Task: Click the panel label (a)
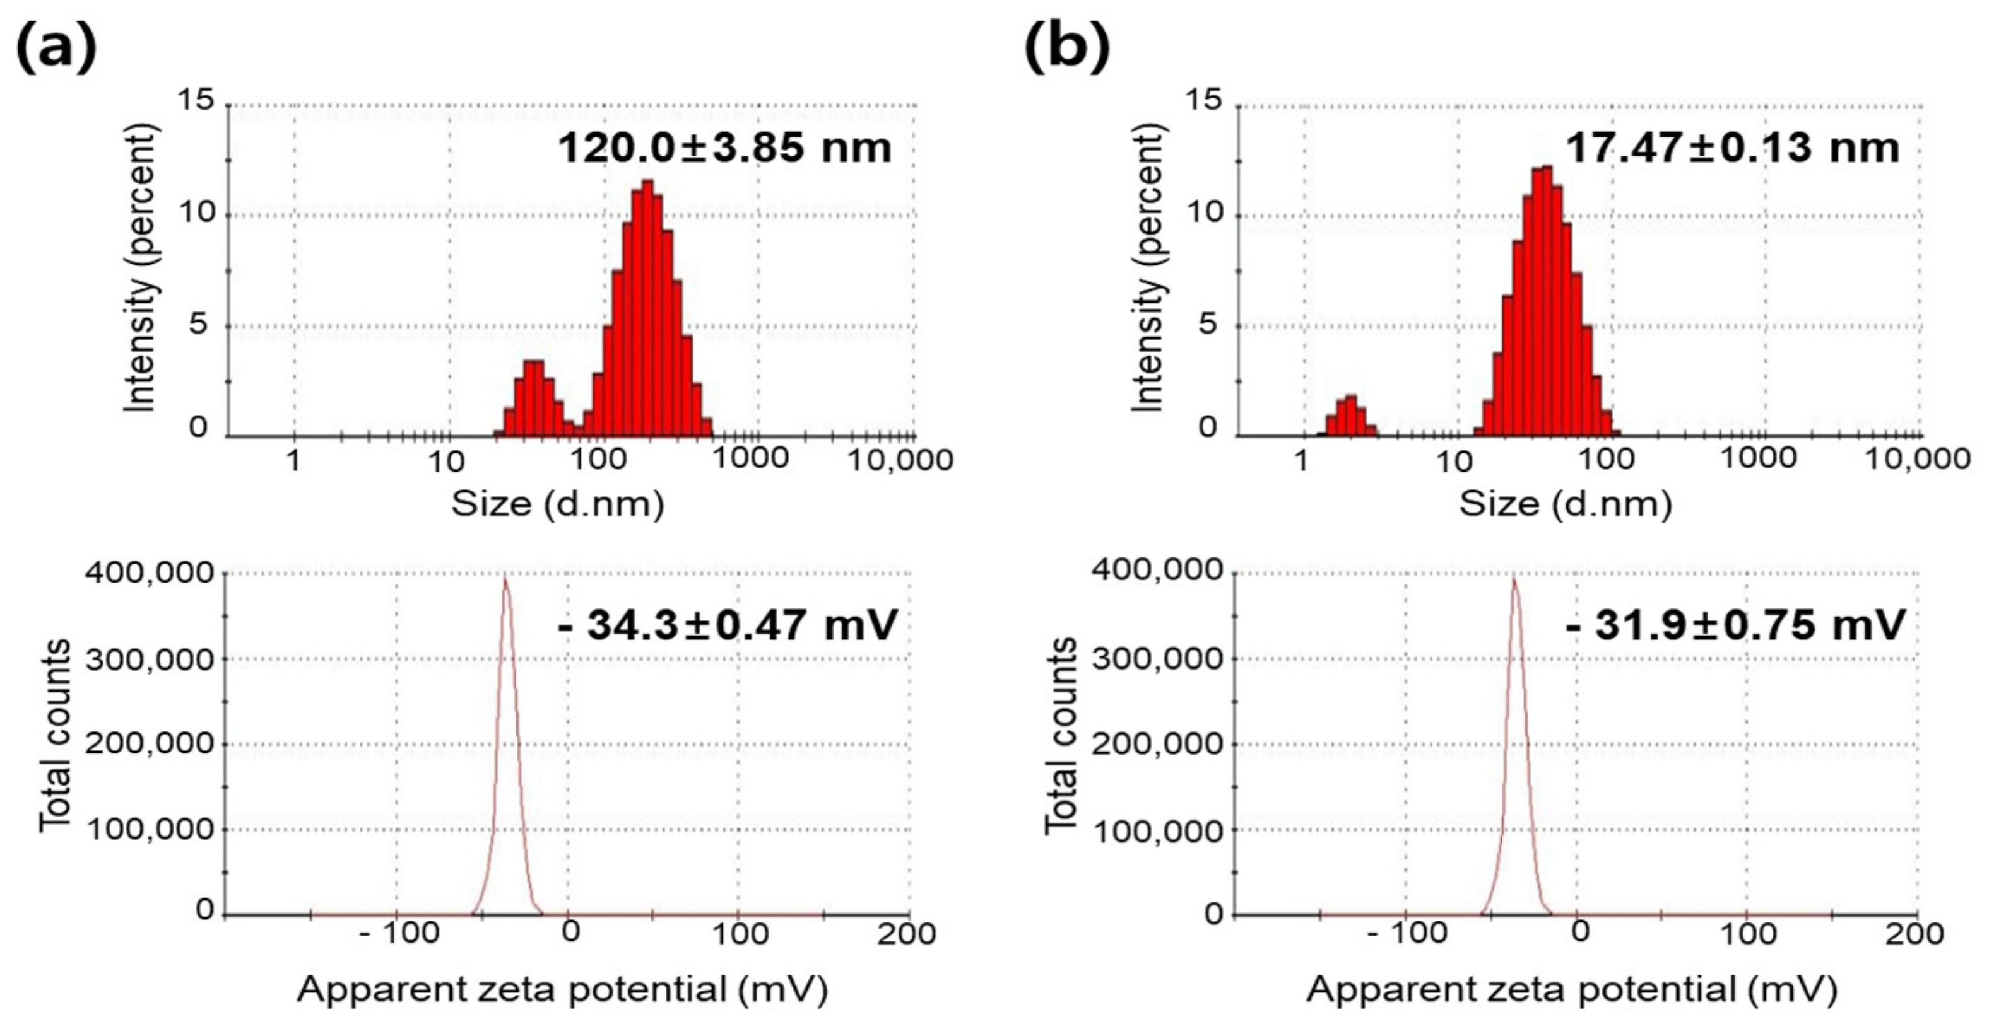[x=56, y=47]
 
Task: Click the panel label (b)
[x=1066, y=47]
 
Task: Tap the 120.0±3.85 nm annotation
[x=724, y=147]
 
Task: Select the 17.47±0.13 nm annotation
[x=1732, y=147]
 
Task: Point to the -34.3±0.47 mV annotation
[x=727, y=624]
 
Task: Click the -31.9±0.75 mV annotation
[x=1735, y=624]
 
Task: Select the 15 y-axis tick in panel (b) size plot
[x=1204, y=101]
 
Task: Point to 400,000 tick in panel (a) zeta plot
[x=149, y=573]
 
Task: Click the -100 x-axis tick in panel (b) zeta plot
[x=1407, y=933]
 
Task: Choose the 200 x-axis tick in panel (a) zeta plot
[x=906, y=933]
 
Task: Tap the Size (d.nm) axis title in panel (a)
[x=557, y=504]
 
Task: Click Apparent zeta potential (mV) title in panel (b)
[x=1571, y=989]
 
